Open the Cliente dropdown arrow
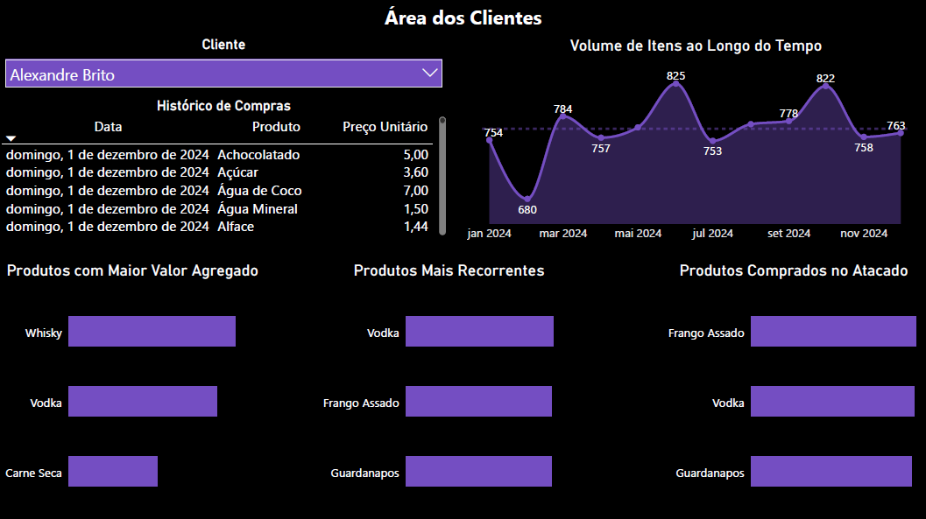point(429,74)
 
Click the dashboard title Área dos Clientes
point(463,18)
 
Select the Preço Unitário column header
point(385,127)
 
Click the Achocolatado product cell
point(258,155)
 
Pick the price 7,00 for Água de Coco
point(415,191)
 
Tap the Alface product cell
point(236,227)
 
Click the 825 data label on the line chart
point(675,76)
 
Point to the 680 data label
point(527,209)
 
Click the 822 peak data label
point(825,79)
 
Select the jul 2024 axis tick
point(712,234)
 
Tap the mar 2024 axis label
point(562,234)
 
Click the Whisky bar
point(152,332)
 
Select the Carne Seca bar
point(113,471)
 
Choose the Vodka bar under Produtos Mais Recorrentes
point(479,332)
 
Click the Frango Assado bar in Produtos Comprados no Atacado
point(832,332)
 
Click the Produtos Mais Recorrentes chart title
point(449,270)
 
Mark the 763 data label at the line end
point(895,126)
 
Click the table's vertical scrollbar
point(442,175)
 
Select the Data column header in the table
point(108,127)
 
